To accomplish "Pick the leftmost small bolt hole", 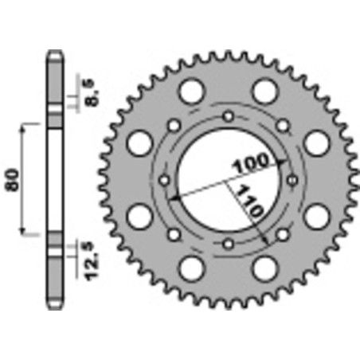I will pos(166,180).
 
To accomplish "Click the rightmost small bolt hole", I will pos(293,180).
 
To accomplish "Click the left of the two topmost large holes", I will pos(190,91).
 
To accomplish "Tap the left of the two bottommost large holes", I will pos(190,270).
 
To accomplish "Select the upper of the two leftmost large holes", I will pos(140,143).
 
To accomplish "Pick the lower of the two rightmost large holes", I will pos(318,217).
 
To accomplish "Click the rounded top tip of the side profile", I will pos(54,54).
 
